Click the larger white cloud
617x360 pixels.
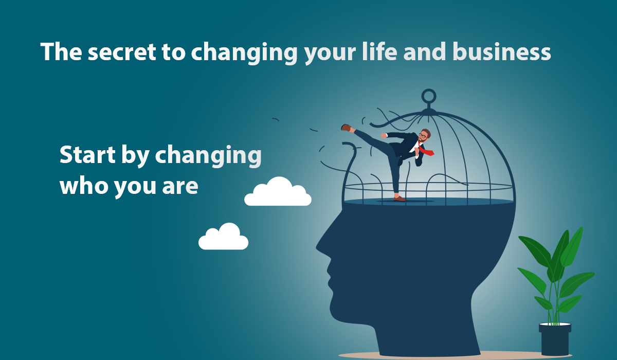click(x=279, y=193)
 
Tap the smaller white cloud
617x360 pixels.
click(x=224, y=238)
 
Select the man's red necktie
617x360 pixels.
click(x=426, y=150)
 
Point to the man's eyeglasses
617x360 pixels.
click(x=423, y=135)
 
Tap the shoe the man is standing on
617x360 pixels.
click(x=399, y=198)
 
